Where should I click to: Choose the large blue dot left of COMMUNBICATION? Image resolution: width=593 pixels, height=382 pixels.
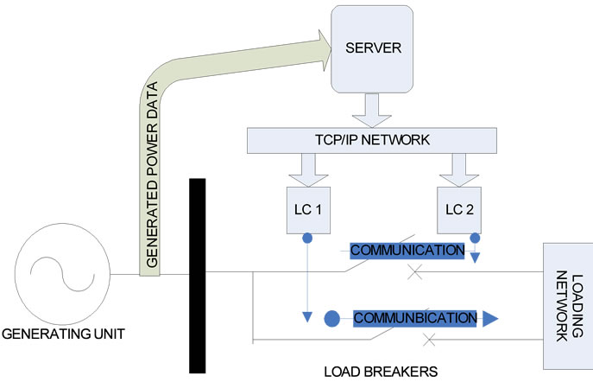[331, 319]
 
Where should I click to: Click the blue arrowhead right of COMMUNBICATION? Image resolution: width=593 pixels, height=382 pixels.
[489, 319]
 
